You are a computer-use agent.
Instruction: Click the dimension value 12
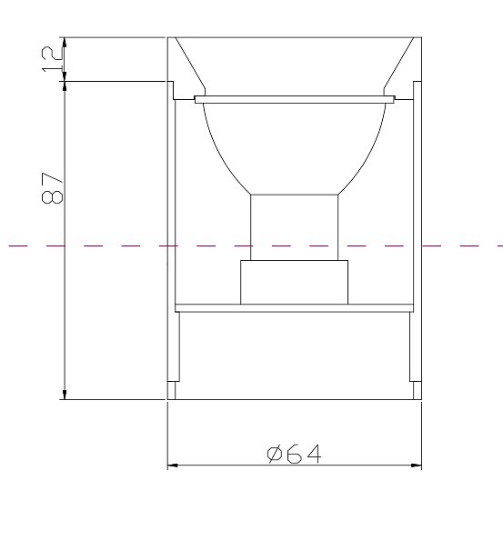click(54, 59)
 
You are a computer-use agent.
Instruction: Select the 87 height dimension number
click(54, 188)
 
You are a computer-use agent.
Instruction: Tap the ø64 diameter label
click(295, 453)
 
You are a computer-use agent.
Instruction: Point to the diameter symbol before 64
click(277, 453)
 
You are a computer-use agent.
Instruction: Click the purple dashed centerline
click(91, 245)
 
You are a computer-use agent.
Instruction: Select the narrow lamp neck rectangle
click(295, 227)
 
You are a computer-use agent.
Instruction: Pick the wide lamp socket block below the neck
click(294, 282)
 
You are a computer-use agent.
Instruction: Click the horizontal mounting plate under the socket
click(294, 307)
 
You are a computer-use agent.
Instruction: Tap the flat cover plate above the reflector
click(295, 97)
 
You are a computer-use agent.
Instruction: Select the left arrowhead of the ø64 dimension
click(173, 466)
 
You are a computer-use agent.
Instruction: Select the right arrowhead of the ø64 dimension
click(417, 466)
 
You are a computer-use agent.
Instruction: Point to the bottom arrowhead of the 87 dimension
click(65, 392)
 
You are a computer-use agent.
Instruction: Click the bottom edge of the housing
click(294, 398)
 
